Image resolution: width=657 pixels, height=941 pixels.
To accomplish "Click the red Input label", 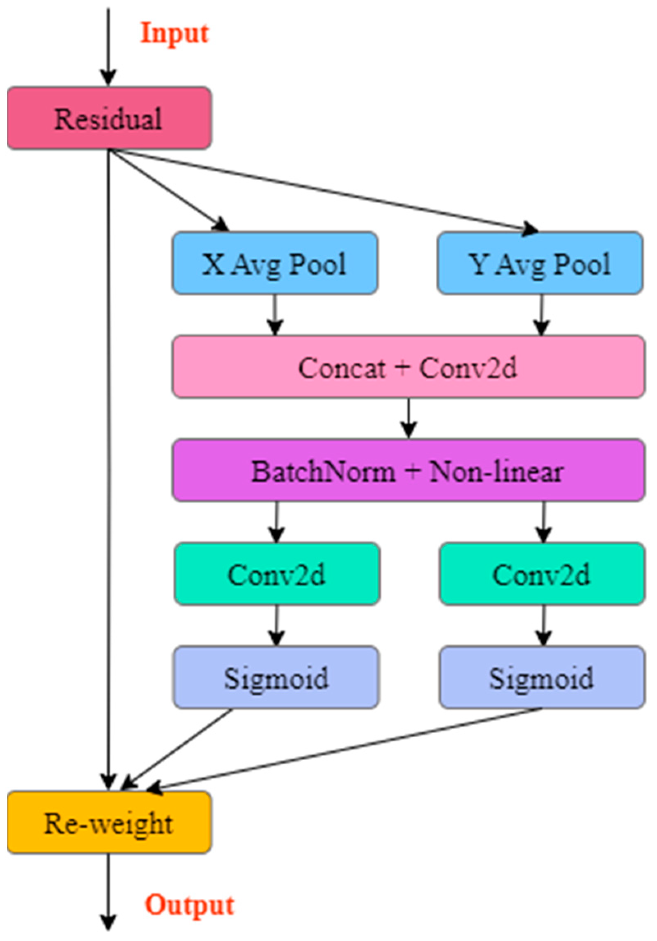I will tap(174, 34).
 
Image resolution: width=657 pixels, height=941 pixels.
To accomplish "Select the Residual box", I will tap(109, 118).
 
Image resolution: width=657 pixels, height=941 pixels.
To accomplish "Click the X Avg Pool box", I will tap(274, 263).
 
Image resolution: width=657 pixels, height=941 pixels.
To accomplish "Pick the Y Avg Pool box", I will tap(540, 263).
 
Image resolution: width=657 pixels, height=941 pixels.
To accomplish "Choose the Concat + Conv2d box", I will tap(408, 367).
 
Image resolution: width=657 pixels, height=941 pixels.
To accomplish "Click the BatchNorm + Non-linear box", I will tap(408, 470).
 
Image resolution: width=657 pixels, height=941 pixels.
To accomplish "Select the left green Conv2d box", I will tap(277, 574).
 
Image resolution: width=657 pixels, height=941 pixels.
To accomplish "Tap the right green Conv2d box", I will tap(542, 574).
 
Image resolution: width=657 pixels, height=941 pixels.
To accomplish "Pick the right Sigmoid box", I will tap(542, 677).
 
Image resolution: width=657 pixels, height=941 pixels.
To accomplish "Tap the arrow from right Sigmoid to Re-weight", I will tap(345, 749).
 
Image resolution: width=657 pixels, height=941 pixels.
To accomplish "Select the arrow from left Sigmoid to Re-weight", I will tap(177, 749).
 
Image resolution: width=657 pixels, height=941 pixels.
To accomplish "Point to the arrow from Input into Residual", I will tap(108, 45).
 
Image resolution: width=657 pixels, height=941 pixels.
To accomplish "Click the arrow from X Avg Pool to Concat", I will tap(275, 315).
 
